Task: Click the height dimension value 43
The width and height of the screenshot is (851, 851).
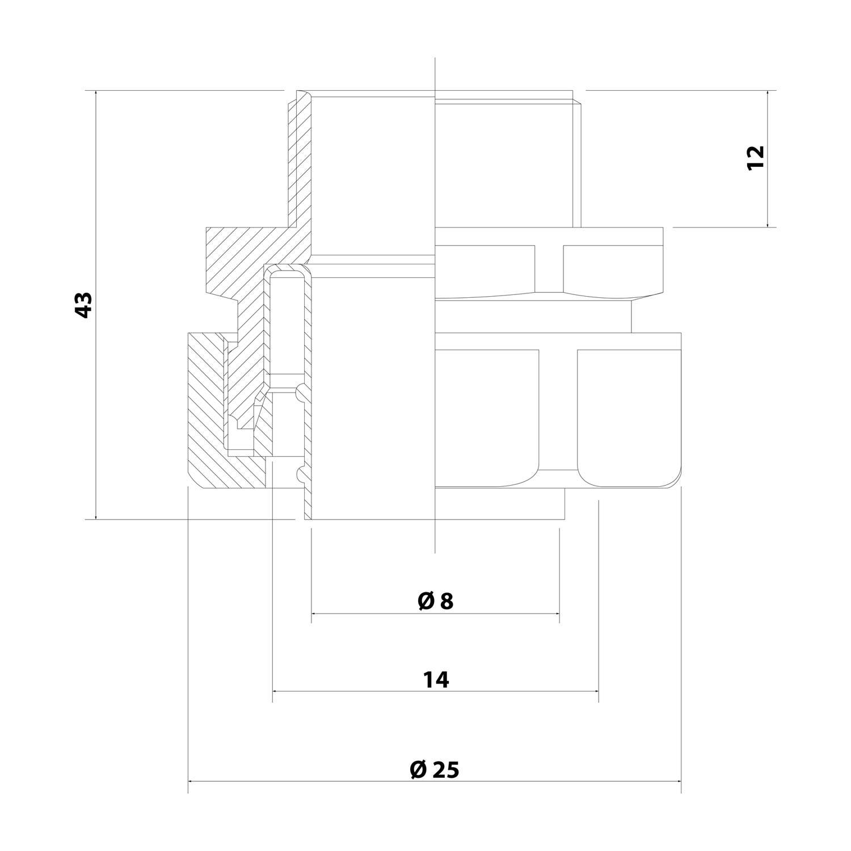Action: coord(83,305)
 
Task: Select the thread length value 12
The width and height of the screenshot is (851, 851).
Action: coord(756,157)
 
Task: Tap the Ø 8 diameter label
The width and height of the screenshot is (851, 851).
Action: coord(435,601)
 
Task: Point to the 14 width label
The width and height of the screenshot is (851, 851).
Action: coord(436,679)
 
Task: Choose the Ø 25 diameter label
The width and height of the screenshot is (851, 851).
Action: coord(434,770)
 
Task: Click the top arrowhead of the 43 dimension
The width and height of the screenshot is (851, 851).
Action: coord(96,93)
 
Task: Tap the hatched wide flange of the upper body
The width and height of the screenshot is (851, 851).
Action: coord(238,255)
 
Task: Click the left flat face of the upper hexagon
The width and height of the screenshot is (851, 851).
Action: coord(485,268)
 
